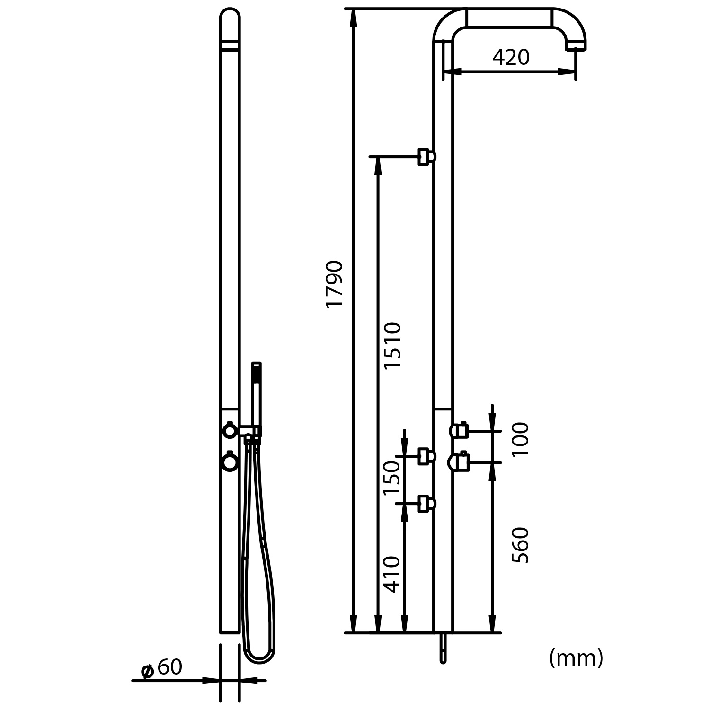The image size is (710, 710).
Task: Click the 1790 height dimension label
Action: coord(335,284)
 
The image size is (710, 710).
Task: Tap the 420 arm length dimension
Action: coord(511,58)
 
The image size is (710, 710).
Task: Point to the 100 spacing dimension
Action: coord(521,439)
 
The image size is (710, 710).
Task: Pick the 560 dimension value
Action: coord(521,545)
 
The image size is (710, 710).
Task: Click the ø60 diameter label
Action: coord(162,668)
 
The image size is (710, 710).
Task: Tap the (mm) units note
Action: coord(576,658)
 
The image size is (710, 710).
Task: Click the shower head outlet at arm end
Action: coord(576,46)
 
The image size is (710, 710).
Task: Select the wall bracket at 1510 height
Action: coord(426,157)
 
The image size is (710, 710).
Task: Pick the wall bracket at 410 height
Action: coord(426,504)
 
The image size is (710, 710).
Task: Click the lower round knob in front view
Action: coord(230,462)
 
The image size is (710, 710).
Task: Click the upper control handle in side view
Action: coord(459,430)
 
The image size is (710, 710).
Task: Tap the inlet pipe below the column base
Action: coord(443,648)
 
